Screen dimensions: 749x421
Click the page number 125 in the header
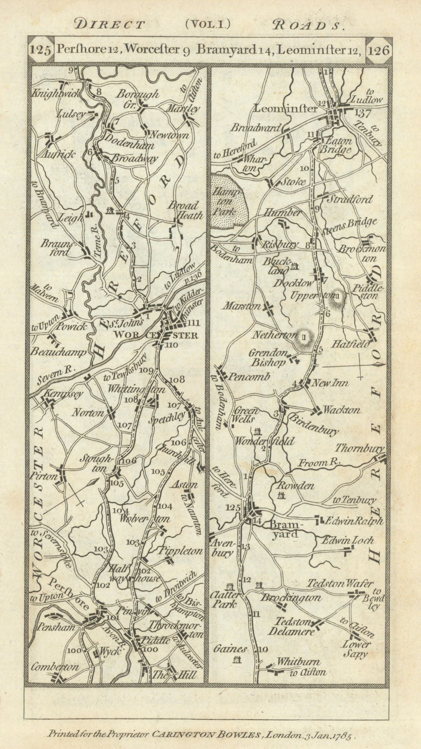pos(40,50)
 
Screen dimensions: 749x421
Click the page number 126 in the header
pos(379,50)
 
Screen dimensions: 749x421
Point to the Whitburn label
pos(298,662)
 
